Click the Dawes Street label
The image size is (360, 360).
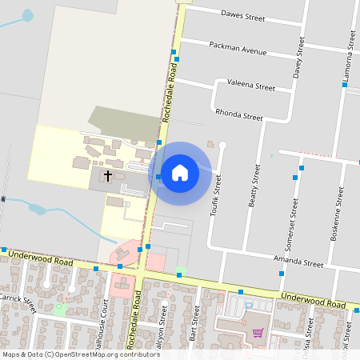point(242,15)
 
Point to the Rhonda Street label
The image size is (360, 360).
point(239,115)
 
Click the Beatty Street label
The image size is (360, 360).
point(255,186)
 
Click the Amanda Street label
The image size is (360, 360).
point(298,262)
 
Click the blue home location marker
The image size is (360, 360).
point(180,173)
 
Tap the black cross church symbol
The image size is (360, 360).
point(107,174)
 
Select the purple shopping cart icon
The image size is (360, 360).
point(258,333)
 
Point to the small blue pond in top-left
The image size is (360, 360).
point(29,15)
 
